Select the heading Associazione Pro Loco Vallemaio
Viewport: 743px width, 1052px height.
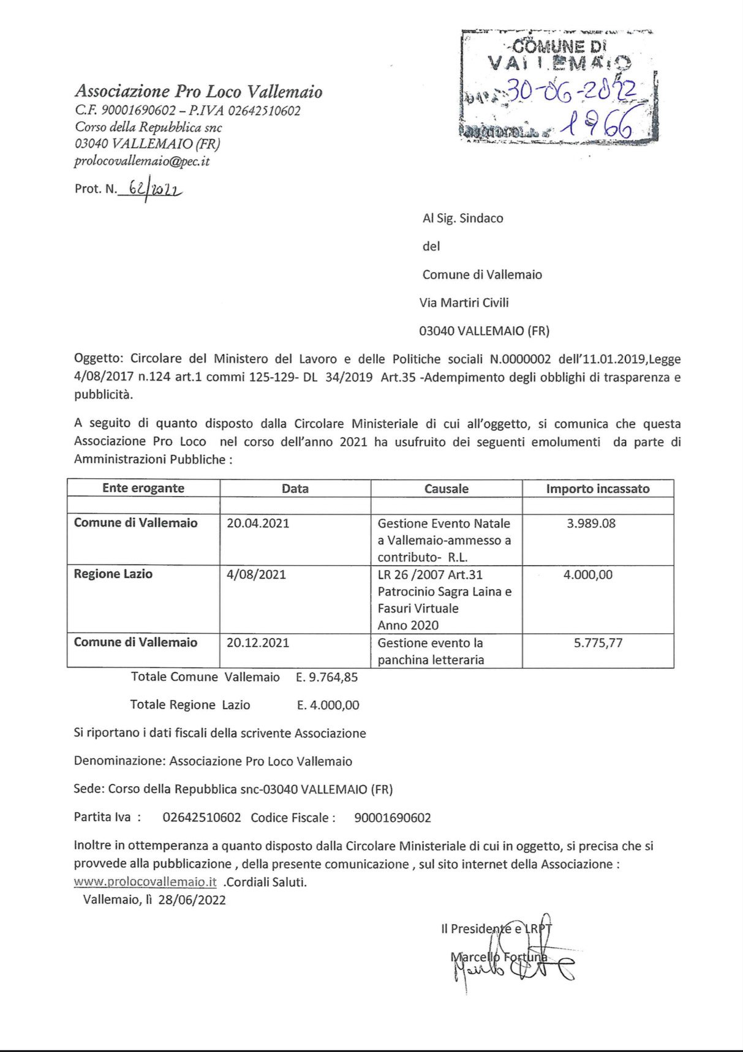[x=198, y=92]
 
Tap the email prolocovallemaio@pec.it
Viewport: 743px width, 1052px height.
[x=141, y=162]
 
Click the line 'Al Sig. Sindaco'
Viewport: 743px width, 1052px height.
[x=462, y=219]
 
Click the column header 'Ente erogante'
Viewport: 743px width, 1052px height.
[x=143, y=488]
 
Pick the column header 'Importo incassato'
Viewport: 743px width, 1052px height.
[x=597, y=489]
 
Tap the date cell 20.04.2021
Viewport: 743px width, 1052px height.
[x=258, y=524]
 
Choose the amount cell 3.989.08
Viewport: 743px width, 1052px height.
[x=591, y=524]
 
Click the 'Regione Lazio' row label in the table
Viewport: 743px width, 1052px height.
[x=113, y=574]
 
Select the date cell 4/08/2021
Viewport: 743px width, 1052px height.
[x=256, y=575]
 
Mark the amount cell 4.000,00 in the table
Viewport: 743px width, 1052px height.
[x=587, y=575]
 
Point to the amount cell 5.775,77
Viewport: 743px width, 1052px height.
[x=598, y=643]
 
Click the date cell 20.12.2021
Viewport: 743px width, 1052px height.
[x=258, y=643]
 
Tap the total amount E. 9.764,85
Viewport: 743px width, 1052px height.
[x=326, y=677]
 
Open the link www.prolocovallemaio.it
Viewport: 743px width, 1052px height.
[x=145, y=882]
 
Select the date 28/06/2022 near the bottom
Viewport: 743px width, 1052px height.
[x=192, y=900]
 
